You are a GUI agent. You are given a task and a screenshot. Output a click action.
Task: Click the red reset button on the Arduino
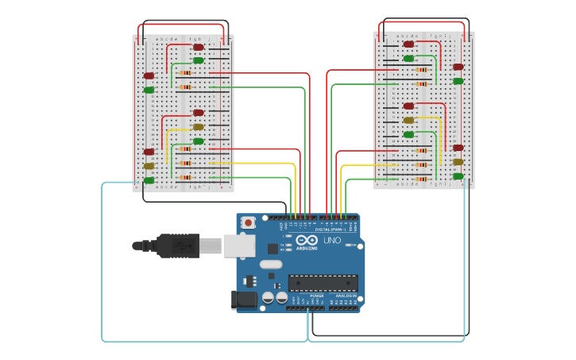(x=249, y=223)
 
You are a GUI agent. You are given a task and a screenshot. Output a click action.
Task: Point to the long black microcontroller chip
(x=323, y=283)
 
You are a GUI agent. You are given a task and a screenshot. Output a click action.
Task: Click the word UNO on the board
(x=331, y=240)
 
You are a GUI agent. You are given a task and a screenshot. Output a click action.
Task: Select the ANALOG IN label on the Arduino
(x=347, y=296)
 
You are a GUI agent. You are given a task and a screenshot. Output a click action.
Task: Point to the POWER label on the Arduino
(x=305, y=296)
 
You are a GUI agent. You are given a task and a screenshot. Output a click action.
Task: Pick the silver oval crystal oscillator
(x=271, y=264)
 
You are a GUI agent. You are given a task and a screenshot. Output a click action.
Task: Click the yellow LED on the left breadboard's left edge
(x=149, y=166)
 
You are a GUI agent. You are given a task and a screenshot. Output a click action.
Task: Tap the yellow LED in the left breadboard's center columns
(x=199, y=127)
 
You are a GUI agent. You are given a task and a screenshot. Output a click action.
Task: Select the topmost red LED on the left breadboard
(x=199, y=47)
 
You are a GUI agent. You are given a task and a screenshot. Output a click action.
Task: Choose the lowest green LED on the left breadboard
(x=149, y=180)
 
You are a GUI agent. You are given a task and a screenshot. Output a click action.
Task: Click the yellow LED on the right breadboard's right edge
(x=458, y=162)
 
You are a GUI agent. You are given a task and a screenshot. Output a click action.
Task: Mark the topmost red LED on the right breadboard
(x=408, y=45)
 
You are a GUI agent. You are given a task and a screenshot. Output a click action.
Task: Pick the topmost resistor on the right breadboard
(x=421, y=70)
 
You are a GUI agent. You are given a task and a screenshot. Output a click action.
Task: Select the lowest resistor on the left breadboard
(x=184, y=177)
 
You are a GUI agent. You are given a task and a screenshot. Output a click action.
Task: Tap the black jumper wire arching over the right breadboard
(x=423, y=19)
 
